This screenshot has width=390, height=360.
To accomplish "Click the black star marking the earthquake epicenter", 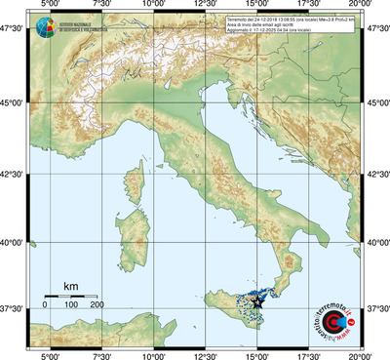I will (257, 302).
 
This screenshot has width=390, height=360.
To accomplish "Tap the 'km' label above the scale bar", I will (70, 285).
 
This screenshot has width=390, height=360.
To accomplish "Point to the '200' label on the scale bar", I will (97, 305).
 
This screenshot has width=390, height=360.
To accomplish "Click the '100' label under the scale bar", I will (70, 305).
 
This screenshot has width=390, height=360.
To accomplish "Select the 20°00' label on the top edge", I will (362, 6).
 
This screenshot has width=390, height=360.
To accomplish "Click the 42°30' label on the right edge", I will (376, 174).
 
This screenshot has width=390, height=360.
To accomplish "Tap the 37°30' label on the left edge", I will (13, 308).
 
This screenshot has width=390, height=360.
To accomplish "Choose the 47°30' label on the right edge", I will (376, 29).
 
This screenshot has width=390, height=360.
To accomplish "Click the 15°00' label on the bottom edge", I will (257, 353).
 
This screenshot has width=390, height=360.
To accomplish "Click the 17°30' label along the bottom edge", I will (309, 353).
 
